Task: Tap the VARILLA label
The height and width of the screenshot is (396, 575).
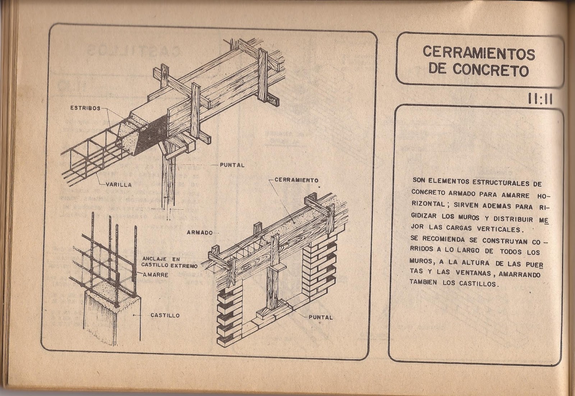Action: (119, 185)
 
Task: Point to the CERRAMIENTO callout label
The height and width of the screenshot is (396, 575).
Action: (296, 180)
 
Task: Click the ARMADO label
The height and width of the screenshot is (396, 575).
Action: (199, 232)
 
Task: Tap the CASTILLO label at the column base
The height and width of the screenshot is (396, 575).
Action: (165, 315)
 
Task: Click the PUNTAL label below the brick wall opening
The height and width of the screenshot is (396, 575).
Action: (321, 317)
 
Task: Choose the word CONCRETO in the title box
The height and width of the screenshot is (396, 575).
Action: (491, 70)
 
